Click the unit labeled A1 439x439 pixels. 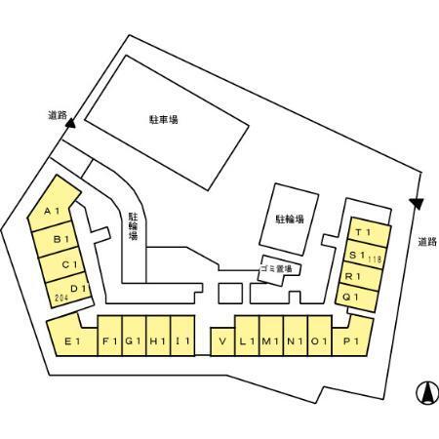[x=52, y=205]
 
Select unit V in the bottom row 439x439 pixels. [x=222, y=341]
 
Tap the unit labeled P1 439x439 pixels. [x=352, y=339]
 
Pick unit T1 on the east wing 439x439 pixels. [x=369, y=232]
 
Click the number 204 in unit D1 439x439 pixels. [x=61, y=298]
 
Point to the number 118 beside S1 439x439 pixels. [x=375, y=259]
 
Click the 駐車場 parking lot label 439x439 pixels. [x=164, y=120]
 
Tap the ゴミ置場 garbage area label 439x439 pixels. [x=276, y=268]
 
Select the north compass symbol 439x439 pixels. [x=427, y=392]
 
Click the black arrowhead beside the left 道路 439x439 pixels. [x=70, y=123]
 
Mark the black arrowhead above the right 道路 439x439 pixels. [x=417, y=204]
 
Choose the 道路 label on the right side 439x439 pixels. [x=427, y=242]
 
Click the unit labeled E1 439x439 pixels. [x=72, y=339]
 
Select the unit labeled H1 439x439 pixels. [x=158, y=336]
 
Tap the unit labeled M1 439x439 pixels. [x=271, y=336]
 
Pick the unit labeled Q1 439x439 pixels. [x=357, y=297]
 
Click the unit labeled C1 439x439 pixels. [x=61, y=264]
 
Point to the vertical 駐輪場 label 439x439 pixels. [x=134, y=225]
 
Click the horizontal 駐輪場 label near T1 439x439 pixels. [x=290, y=219]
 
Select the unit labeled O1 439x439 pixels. [x=320, y=336]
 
